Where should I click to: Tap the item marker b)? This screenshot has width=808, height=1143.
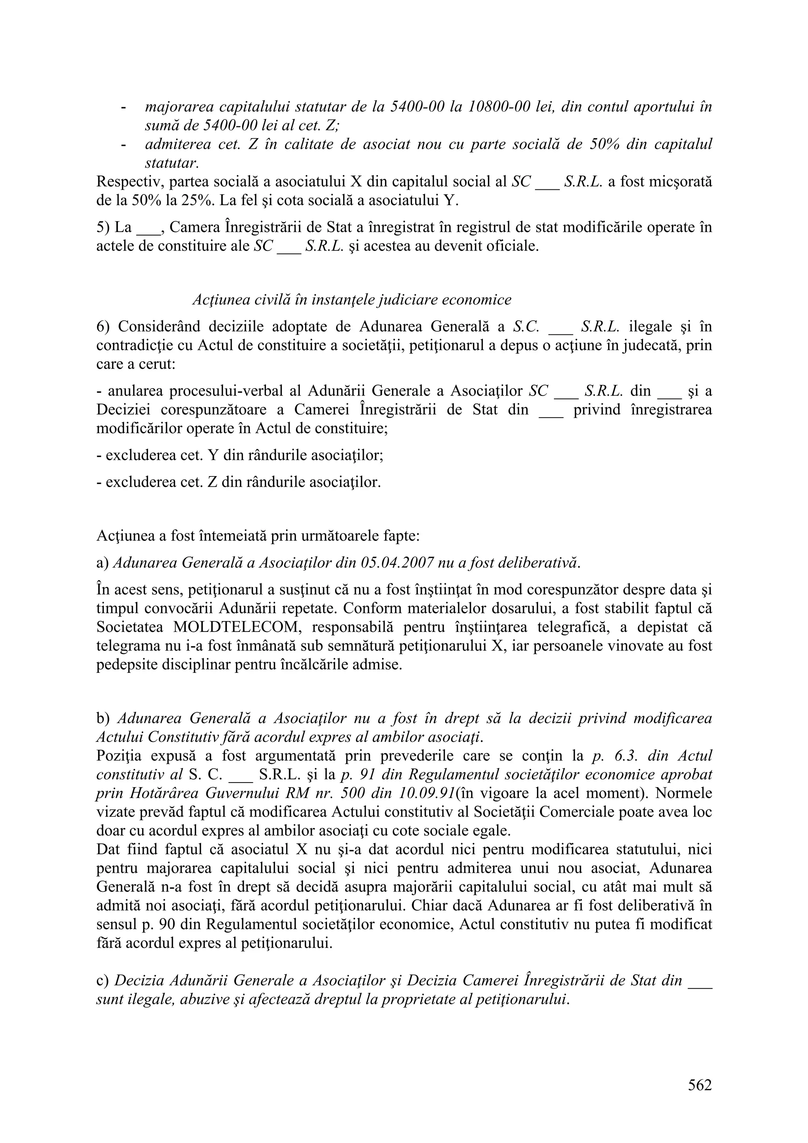pyautogui.click(x=103, y=718)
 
